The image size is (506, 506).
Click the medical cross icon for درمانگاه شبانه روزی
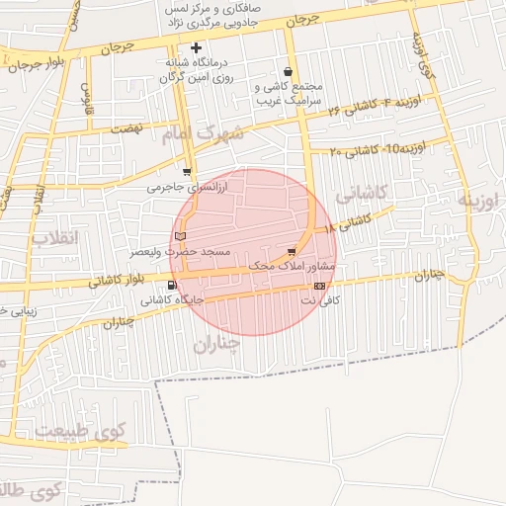(196, 47)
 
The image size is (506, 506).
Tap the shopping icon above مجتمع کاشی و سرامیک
(288, 71)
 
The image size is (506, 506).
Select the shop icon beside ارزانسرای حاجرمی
(188, 171)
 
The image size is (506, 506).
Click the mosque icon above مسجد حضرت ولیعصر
(179, 235)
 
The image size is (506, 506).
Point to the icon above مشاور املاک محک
(291, 252)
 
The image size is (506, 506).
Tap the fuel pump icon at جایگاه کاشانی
(173, 286)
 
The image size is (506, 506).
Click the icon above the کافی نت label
(318, 286)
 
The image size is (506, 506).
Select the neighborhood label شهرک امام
(206, 133)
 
